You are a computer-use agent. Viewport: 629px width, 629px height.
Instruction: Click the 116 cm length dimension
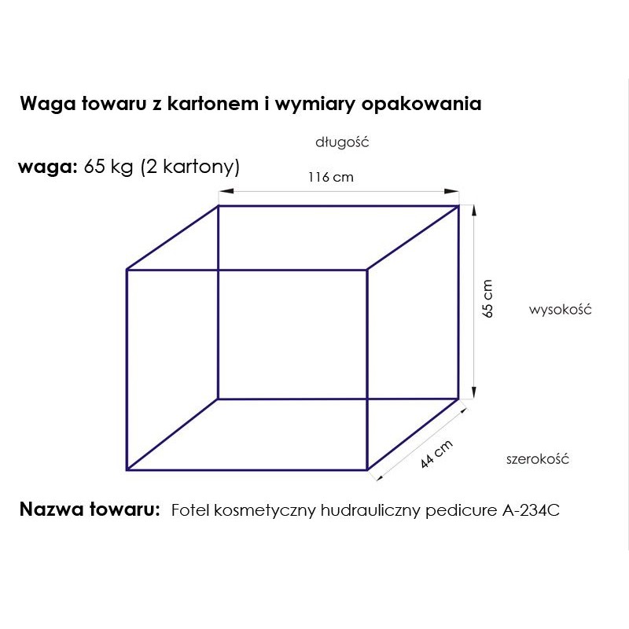[331, 178]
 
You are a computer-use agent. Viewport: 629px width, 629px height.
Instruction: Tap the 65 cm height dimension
[487, 299]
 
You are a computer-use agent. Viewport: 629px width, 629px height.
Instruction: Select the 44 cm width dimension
[436, 454]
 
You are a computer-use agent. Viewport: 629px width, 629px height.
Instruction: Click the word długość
[342, 142]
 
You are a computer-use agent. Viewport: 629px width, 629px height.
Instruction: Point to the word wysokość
[560, 309]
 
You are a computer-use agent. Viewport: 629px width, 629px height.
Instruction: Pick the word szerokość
[538, 459]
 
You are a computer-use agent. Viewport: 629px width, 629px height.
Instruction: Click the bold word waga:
[48, 167]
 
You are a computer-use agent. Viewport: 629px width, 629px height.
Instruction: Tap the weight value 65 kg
[109, 167]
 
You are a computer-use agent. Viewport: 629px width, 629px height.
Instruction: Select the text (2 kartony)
[190, 167]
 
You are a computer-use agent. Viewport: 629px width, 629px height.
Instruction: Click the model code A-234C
[531, 510]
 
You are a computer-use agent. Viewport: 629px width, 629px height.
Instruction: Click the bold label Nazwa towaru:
[90, 509]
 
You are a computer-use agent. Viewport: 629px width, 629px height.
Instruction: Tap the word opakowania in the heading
[421, 104]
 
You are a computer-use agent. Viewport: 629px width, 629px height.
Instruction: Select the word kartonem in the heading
[212, 104]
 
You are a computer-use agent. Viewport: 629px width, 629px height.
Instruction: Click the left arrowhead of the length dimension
[226, 191]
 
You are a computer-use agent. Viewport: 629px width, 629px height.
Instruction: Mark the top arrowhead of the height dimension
[474, 212]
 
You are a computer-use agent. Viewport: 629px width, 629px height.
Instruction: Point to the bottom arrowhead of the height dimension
[474, 392]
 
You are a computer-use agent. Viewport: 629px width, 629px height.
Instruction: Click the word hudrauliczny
[370, 510]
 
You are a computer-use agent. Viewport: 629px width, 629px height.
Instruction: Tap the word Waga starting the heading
[48, 104]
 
